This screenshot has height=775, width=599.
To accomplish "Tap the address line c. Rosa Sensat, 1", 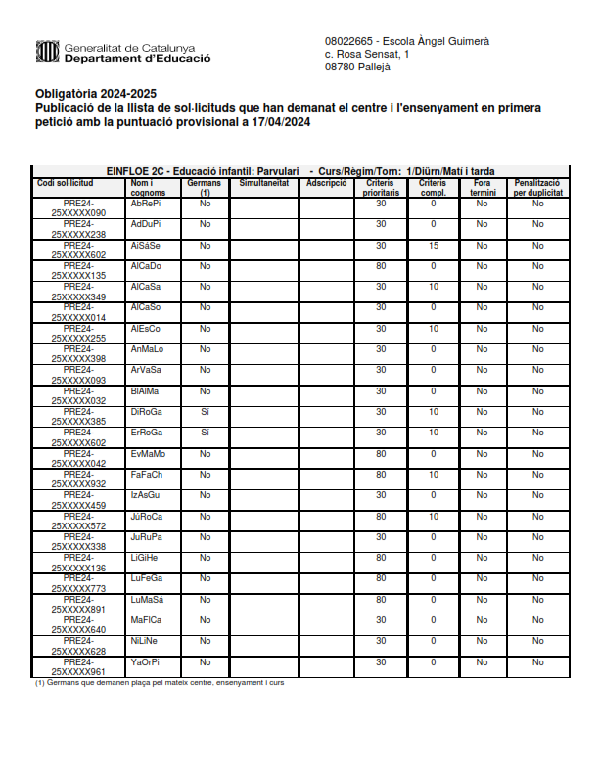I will click(x=367, y=55).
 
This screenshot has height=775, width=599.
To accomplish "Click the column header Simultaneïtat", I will click(x=263, y=183).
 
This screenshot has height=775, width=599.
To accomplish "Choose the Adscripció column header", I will click(x=326, y=183).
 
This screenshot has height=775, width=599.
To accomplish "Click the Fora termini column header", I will click(x=482, y=187).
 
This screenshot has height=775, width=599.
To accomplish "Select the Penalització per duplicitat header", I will click(x=537, y=187).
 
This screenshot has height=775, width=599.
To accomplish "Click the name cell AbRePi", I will click(x=146, y=204).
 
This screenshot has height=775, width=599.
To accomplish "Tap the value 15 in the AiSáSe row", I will click(x=433, y=245).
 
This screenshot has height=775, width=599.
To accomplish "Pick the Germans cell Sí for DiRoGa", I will click(x=205, y=411).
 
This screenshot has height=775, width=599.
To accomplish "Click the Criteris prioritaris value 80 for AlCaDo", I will click(x=381, y=266).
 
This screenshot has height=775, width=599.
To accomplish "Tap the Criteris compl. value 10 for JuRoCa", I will click(x=433, y=516).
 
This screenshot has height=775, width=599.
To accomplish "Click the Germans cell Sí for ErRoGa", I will click(x=205, y=433).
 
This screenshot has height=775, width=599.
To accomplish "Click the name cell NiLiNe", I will click(x=144, y=641).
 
